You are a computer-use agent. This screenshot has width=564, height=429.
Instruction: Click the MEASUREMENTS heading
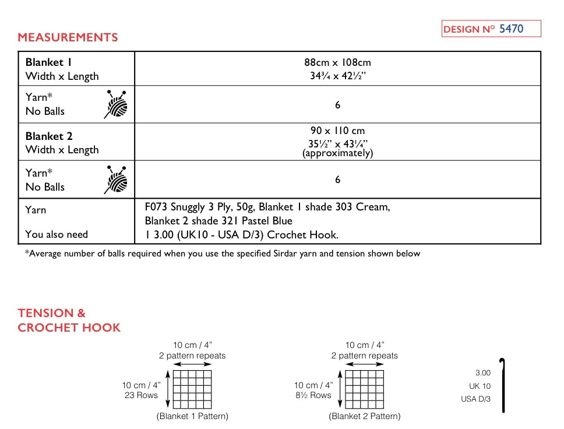click(x=68, y=37)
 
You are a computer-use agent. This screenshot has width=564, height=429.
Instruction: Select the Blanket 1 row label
click(x=49, y=62)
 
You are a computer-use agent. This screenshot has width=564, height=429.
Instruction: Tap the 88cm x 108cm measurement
click(x=337, y=62)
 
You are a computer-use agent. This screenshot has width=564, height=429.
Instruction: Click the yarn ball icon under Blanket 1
click(x=116, y=104)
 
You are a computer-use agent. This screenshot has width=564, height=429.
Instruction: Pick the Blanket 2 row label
click(x=49, y=136)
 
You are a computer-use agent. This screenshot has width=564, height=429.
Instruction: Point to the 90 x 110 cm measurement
click(x=337, y=131)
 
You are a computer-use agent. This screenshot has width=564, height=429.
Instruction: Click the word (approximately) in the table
click(x=337, y=153)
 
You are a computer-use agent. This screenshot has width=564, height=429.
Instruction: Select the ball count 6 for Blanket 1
click(x=337, y=105)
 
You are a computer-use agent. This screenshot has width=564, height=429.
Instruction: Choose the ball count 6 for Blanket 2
click(x=337, y=180)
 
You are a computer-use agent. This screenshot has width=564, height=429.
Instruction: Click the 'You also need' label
click(x=57, y=234)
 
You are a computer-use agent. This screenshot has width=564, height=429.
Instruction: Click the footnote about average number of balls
click(x=222, y=254)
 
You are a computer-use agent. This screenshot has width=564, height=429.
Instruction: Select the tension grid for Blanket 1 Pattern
click(x=192, y=389)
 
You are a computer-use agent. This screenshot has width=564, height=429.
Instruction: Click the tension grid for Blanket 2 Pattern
click(x=364, y=389)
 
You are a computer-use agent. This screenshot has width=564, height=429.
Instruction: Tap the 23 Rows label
click(x=142, y=395)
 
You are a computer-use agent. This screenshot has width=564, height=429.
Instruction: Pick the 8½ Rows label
click(x=313, y=395)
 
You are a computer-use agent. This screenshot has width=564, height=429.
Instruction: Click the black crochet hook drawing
click(x=502, y=385)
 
